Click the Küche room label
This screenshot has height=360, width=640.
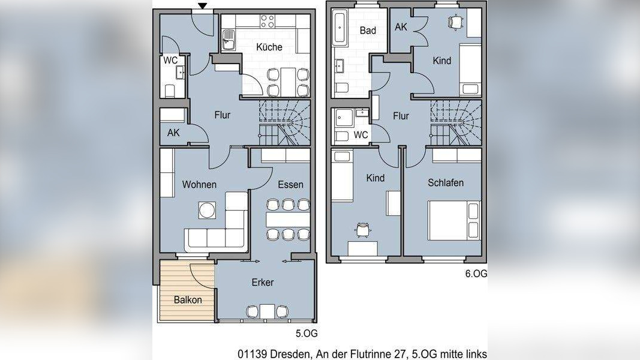point(269,47)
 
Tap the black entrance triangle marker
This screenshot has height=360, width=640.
point(203,5)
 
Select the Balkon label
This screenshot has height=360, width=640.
point(188,300)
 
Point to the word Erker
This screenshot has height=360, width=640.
point(263,282)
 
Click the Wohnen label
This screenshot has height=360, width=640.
point(199,184)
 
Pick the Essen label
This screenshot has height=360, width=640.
point(291,184)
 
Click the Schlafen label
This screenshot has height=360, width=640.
point(446,183)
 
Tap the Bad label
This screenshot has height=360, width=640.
point(368,30)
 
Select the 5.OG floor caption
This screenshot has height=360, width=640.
point(307,334)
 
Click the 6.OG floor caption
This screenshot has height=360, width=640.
point(476,274)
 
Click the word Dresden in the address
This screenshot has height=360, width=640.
point(289,353)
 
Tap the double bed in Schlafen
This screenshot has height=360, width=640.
point(454,220)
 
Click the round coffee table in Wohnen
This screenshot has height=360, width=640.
point(207,210)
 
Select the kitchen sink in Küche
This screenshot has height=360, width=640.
point(229,40)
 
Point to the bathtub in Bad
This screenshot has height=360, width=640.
point(340,28)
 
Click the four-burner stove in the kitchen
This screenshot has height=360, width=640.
point(268,21)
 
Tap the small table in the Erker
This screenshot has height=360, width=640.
point(268,311)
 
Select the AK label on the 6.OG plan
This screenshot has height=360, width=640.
point(401,27)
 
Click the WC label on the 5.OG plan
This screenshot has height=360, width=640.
point(170,61)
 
